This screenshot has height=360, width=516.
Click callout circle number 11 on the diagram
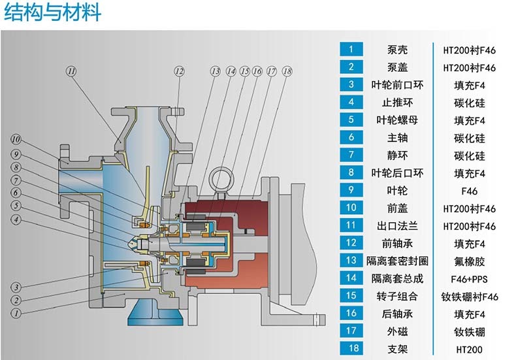[x=71, y=71]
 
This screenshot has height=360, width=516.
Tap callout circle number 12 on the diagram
[x=180, y=71]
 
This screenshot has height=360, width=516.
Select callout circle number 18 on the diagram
[x=286, y=71]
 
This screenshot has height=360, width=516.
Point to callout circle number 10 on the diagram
[x=16, y=139]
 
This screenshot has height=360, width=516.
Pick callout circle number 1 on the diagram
[x=16, y=313]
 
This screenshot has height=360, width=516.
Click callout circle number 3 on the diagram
[x=16, y=287]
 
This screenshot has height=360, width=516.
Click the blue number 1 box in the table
[x=351, y=50]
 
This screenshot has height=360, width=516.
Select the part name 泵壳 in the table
[x=400, y=50]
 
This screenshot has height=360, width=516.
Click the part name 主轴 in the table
[x=400, y=138]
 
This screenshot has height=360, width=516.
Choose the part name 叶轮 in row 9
[x=400, y=191]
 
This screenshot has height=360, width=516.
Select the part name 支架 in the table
[x=400, y=349]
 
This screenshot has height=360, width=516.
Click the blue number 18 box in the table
[x=351, y=349]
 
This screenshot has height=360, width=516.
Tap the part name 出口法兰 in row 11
[x=400, y=226]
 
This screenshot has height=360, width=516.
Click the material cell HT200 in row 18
[x=469, y=349]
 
